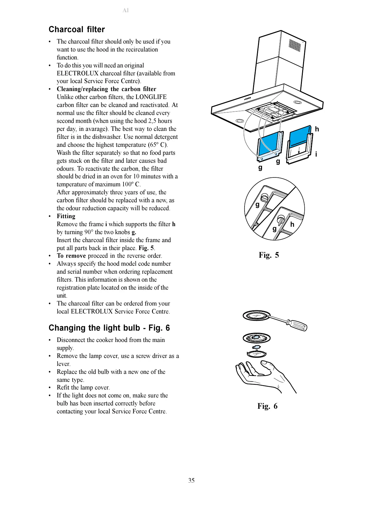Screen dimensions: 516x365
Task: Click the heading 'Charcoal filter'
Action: [x=77, y=29]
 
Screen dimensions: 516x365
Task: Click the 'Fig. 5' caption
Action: [x=268, y=255]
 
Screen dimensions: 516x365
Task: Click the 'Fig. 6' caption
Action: [x=267, y=406]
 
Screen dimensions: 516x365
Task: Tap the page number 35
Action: [x=191, y=480]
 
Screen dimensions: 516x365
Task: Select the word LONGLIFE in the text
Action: [x=151, y=97]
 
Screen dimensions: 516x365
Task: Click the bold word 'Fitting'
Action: [x=66, y=216]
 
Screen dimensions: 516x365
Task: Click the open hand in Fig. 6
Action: [x=264, y=374]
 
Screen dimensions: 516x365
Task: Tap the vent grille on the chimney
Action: [x=295, y=45]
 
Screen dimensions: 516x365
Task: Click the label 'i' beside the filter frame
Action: [x=316, y=154]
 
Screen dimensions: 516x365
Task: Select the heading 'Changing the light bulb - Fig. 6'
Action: [x=109, y=328]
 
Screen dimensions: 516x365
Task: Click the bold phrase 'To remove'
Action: [x=71, y=256]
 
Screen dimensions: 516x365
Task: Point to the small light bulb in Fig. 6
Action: [x=256, y=347]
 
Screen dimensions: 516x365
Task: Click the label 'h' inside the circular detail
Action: [x=292, y=225]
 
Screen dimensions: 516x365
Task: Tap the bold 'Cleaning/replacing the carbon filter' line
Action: [x=106, y=89]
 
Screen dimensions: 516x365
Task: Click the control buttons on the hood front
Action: [x=248, y=98]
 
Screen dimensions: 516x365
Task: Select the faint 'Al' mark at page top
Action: [x=125, y=10]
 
